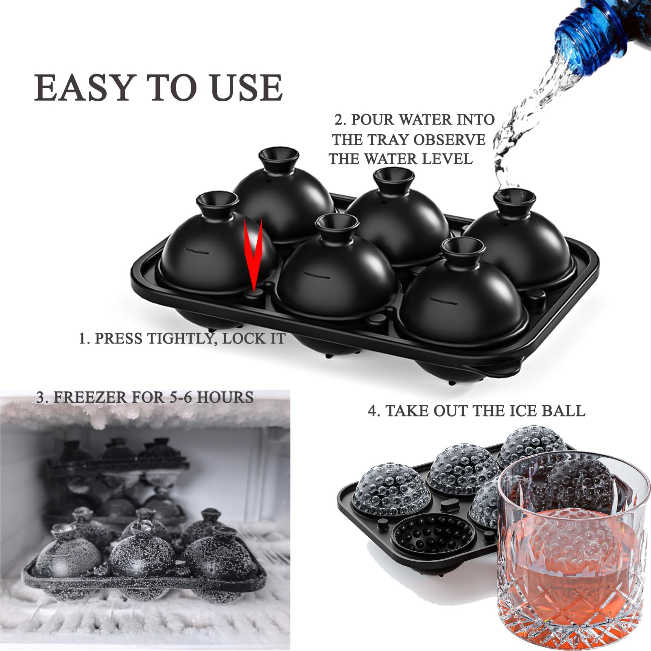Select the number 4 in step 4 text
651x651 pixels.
coord(373,411)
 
